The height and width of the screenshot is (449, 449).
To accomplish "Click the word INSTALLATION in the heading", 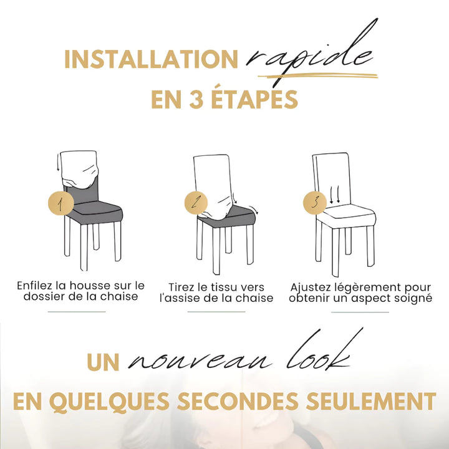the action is [151, 59].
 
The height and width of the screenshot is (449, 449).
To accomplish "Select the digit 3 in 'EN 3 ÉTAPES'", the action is [196, 100].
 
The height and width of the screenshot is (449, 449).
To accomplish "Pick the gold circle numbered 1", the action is [60, 203].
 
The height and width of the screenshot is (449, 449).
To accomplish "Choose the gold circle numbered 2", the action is [196, 203].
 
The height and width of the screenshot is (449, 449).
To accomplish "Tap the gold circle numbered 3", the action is [315, 202].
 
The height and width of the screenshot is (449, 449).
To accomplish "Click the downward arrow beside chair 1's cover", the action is [58, 162].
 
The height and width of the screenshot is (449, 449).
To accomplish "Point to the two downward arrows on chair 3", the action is [335, 195].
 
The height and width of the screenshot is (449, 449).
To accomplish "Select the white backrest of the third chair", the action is [332, 178].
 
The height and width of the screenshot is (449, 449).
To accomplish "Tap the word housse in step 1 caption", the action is [90, 286].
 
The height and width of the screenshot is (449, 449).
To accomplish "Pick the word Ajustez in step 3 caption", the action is [309, 287].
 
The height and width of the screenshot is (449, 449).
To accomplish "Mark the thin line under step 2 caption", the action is [216, 312].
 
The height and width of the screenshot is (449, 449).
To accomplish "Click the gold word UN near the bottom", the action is [103, 362].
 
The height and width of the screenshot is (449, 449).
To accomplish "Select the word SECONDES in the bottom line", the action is [238, 401].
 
